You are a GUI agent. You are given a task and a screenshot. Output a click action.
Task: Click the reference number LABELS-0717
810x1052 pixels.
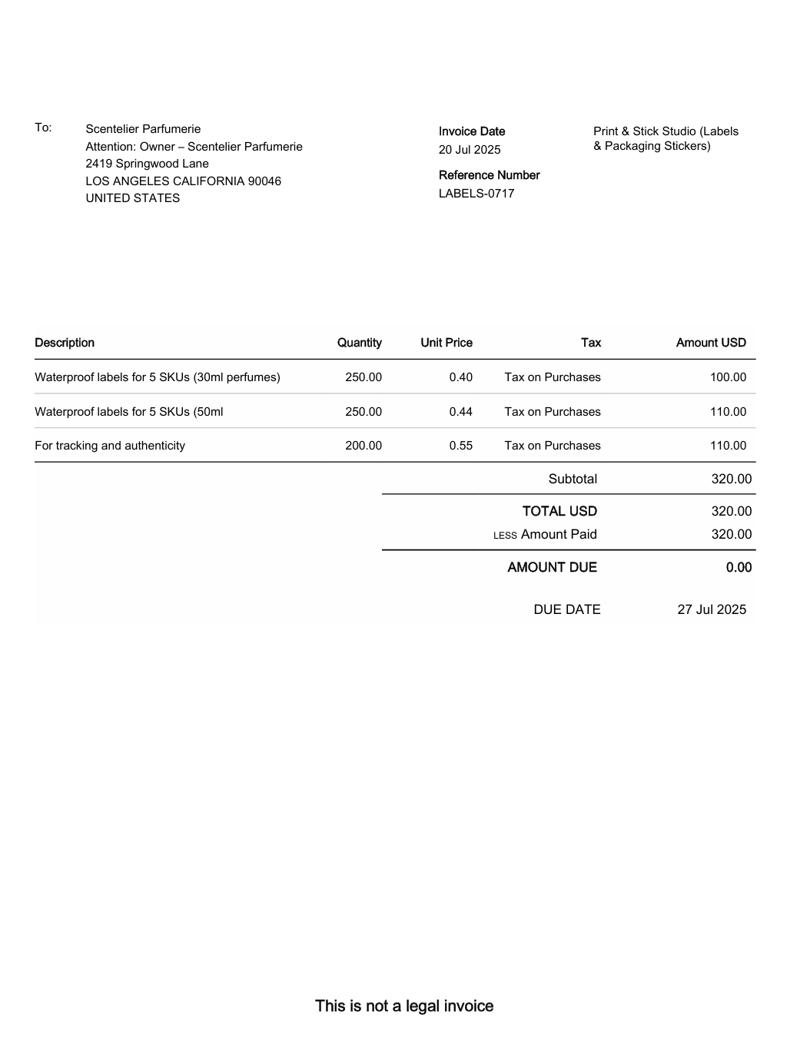(476, 194)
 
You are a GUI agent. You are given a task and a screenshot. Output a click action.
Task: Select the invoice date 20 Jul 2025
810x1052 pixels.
(470, 150)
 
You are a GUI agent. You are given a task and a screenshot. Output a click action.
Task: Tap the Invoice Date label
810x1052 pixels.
(472, 131)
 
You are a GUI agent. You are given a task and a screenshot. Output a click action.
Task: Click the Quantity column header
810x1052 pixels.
(359, 343)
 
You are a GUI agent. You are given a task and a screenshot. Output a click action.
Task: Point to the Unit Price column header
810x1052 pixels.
(446, 343)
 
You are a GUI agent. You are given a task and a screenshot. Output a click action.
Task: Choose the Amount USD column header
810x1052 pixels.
(711, 343)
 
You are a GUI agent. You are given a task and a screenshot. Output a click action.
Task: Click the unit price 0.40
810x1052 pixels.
(461, 377)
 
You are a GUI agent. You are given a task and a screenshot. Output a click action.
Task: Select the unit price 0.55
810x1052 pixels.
(461, 446)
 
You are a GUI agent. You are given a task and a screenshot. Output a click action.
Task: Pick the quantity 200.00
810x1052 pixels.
(364, 446)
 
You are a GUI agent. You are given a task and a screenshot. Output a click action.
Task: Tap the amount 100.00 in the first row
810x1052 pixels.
(728, 377)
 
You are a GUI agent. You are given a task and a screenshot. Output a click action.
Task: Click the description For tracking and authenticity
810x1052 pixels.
(110, 446)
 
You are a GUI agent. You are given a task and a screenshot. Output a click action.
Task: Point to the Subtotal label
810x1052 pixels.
(573, 479)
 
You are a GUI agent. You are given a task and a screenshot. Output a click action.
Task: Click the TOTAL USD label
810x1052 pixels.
(559, 511)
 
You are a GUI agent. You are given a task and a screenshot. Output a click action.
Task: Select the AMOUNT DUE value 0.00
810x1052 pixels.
(739, 567)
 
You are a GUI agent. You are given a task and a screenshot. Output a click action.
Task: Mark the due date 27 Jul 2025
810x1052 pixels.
(712, 609)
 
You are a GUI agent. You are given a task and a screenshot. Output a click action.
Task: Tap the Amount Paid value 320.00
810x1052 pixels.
(731, 534)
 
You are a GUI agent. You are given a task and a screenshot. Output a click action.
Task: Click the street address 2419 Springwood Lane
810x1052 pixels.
(147, 164)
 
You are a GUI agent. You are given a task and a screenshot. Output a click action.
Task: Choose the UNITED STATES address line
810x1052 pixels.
(133, 198)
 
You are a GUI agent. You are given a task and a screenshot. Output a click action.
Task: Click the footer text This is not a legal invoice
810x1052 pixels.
(404, 1006)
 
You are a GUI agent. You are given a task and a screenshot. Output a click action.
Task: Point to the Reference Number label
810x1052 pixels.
(489, 175)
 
